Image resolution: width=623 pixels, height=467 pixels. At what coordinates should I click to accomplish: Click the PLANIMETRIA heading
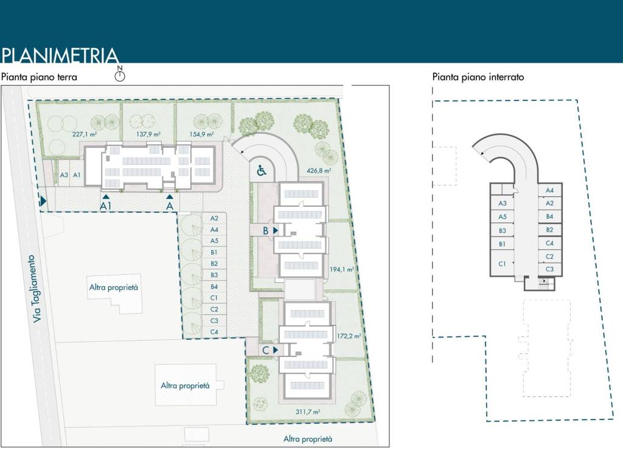pos(60,55)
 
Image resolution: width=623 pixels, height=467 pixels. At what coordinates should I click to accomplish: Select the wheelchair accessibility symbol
pos(262,170)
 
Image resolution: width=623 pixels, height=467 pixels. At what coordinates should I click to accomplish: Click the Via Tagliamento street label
pos(35,288)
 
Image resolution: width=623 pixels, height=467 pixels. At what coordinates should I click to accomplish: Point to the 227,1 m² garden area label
pos(85,134)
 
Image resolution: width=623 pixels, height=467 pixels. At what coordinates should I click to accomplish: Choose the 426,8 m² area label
pos(319,170)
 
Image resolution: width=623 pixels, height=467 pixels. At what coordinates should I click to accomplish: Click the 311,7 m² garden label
pos(307,412)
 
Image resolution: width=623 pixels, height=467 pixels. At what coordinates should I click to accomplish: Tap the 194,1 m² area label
pos(342,269)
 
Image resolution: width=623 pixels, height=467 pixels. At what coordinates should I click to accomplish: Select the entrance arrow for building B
pos(276,230)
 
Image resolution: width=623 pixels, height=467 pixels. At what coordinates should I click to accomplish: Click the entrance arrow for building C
pos(276,350)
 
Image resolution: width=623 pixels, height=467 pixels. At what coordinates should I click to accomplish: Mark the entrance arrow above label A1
pos(106,196)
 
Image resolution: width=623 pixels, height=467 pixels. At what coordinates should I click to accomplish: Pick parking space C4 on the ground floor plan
pos(214,332)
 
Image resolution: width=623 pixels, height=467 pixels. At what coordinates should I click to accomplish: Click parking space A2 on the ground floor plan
pos(214,218)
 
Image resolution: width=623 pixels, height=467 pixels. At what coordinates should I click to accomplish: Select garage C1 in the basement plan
pos(502,264)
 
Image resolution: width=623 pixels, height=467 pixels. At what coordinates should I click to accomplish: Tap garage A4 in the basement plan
pos(550,190)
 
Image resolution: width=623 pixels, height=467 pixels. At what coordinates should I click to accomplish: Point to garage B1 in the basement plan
pos(502,244)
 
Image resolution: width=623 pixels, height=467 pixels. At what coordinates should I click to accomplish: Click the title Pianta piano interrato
pos(478,77)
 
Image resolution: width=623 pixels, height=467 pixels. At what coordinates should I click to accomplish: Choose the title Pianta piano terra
pos(39,77)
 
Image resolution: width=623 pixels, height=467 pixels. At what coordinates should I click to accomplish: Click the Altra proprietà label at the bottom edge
pos(307,439)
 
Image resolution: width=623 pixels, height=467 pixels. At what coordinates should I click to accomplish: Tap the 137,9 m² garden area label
pos(148,134)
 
